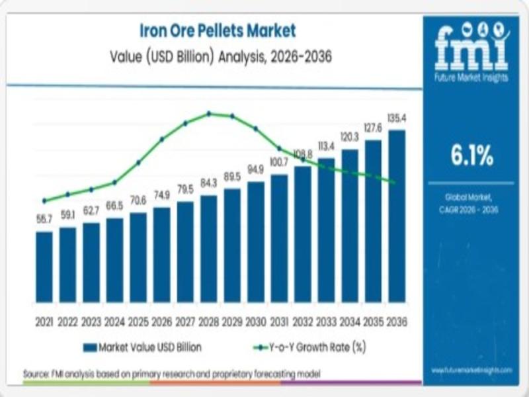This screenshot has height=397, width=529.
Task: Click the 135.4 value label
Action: (x=397, y=118)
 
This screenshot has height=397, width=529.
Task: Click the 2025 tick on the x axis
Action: (x=138, y=322)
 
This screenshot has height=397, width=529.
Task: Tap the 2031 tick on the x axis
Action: (x=279, y=322)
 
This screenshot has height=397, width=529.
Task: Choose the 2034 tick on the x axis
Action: (x=350, y=322)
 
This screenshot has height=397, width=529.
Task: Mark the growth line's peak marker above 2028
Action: (x=209, y=113)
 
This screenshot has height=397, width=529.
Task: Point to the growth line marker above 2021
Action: (x=44, y=200)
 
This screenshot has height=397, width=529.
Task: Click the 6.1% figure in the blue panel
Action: (x=472, y=156)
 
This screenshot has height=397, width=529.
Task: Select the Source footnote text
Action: (x=172, y=374)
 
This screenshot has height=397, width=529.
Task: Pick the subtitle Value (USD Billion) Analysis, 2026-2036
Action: (x=221, y=57)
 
